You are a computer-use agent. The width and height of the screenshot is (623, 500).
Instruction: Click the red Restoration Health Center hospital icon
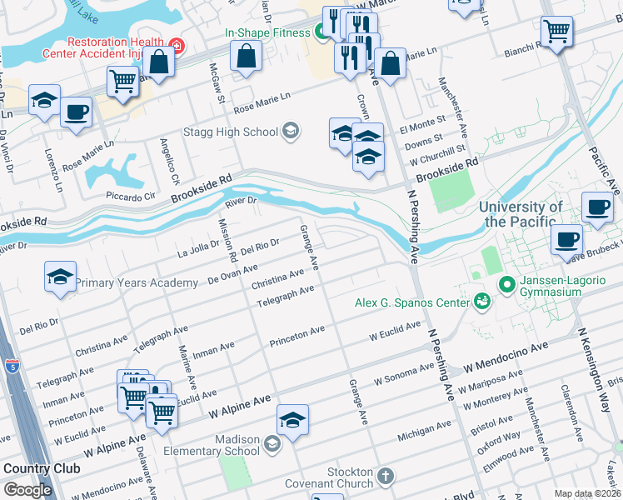(x=176, y=44)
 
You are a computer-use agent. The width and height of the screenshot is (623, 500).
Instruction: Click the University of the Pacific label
(x=523, y=214)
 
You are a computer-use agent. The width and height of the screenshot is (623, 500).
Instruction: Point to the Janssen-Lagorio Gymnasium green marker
(x=506, y=286)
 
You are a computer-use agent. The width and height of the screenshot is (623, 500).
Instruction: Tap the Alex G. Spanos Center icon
(x=481, y=301)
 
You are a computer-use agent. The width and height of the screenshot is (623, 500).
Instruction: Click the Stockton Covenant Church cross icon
(x=384, y=476)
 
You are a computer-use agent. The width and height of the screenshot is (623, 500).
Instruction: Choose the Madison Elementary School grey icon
(x=272, y=442)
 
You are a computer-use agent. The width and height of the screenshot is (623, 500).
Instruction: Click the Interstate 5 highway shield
(x=12, y=365)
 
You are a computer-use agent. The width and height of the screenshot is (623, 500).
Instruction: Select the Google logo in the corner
(x=27, y=489)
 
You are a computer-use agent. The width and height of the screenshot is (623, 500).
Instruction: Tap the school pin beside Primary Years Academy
(x=61, y=277)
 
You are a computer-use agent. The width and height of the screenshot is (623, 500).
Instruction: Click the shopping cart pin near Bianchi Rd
(x=556, y=32)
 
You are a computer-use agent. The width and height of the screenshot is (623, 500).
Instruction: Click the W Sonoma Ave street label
(x=403, y=377)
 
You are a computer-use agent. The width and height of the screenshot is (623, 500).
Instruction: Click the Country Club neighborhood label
(x=42, y=468)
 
